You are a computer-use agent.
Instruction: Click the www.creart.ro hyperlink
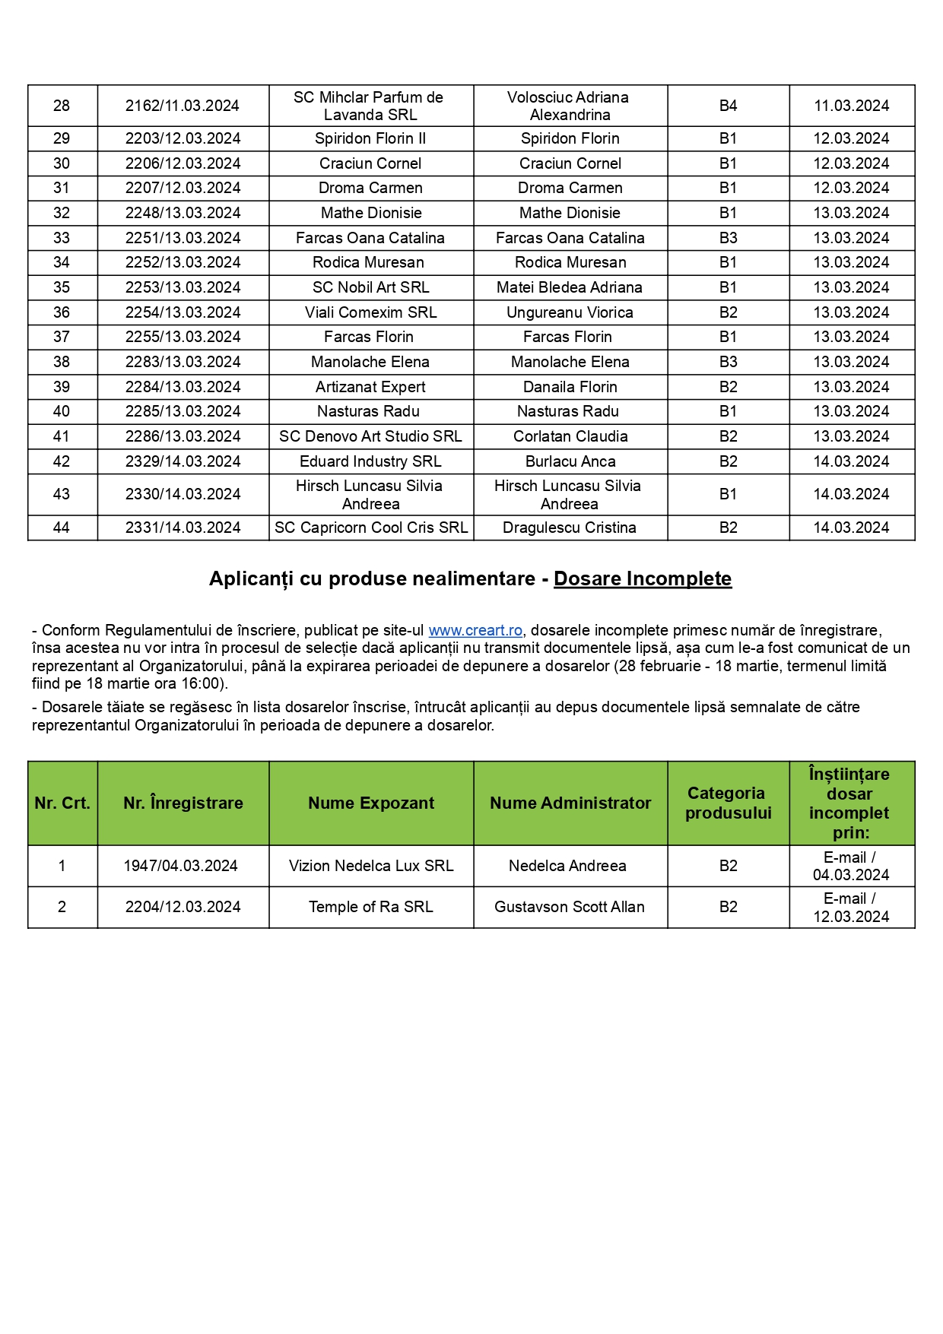pyautogui.click(x=475, y=630)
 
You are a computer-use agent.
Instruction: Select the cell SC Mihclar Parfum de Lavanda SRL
pyautogui.click(x=370, y=106)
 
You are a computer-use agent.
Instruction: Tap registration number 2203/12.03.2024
pyautogui.click(x=183, y=138)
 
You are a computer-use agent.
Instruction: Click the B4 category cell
pyautogui.click(x=728, y=106)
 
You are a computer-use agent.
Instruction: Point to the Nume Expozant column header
pyautogui.click(x=371, y=803)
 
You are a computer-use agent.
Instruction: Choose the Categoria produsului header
pyautogui.click(x=728, y=803)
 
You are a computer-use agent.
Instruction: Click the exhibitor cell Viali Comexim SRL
pyautogui.click(x=370, y=312)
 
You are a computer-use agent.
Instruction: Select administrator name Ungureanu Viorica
pyautogui.click(x=570, y=312)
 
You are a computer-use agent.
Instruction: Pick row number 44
pyautogui.click(x=62, y=528)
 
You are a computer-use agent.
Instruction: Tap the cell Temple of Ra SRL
pyautogui.click(x=370, y=907)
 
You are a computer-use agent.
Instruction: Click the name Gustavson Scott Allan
pyautogui.click(x=569, y=907)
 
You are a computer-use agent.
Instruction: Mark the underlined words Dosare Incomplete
pyautogui.click(x=642, y=579)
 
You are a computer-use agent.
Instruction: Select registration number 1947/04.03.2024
pyautogui.click(x=181, y=866)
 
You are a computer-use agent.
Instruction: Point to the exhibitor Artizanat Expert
pyautogui.click(x=370, y=387)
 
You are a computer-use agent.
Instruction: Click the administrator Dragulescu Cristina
pyautogui.click(x=569, y=528)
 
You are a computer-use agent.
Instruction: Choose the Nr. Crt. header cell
pyautogui.click(x=62, y=803)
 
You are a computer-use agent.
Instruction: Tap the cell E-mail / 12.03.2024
pyautogui.click(x=850, y=908)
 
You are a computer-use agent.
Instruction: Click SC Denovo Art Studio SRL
pyautogui.click(x=370, y=436)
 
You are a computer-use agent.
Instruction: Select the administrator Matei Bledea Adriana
pyautogui.click(x=569, y=287)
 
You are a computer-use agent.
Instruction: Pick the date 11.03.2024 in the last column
pyautogui.click(x=851, y=106)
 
